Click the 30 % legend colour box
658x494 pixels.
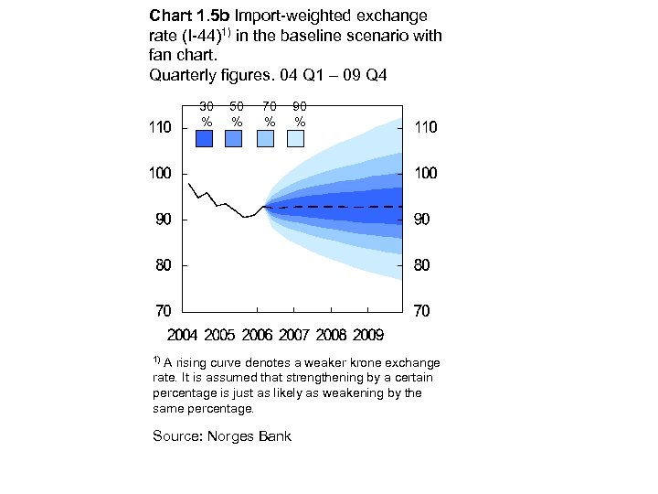point(205,138)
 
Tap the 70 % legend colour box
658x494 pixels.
point(265,138)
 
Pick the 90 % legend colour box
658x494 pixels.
point(295,138)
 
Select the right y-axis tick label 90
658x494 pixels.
point(422,220)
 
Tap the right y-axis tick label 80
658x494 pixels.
point(422,266)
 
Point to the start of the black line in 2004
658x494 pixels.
point(188,184)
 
